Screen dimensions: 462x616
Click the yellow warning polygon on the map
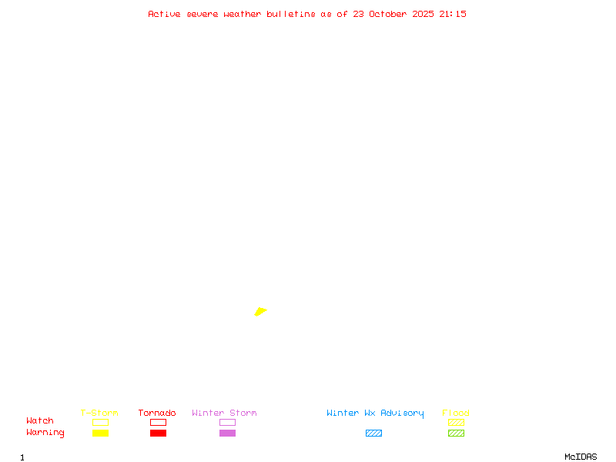(x=260, y=311)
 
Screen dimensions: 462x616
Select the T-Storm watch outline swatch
(x=100, y=422)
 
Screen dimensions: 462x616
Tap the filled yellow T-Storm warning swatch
(x=100, y=433)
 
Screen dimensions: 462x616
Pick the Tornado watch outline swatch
(x=158, y=422)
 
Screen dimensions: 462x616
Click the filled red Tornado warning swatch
(x=158, y=433)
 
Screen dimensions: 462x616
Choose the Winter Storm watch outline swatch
(x=227, y=422)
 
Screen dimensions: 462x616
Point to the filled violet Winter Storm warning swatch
(x=227, y=433)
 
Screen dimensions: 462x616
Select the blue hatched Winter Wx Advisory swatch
(x=373, y=433)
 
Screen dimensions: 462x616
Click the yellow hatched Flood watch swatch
(x=456, y=422)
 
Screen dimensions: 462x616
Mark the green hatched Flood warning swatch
(x=456, y=433)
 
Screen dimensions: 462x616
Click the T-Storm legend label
(x=99, y=413)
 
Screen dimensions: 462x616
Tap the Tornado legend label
(x=157, y=413)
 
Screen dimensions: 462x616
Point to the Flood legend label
(x=456, y=413)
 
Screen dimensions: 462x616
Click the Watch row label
(x=40, y=421)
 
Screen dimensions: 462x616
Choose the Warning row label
(x=45, y=433)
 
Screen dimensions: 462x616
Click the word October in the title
(x=392, y=14)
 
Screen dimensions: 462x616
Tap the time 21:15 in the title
(x=453, y=14)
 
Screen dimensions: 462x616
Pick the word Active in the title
(x=164, y=14)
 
